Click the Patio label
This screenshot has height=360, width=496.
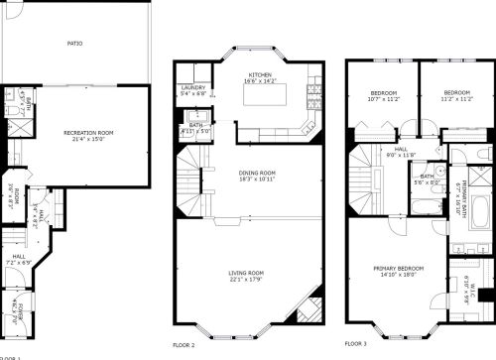point(74,44)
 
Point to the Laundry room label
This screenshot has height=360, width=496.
point(192,87)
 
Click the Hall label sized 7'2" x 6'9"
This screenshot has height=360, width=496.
point(18,259)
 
